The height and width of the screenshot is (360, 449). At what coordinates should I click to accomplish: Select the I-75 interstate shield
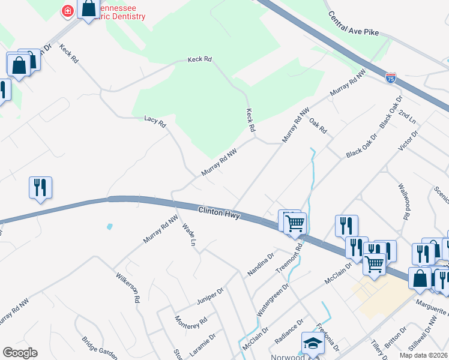pyautogui.click(x=391, y=77)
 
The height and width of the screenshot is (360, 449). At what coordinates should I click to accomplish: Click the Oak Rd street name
pyautogui.click(x=318, y=126)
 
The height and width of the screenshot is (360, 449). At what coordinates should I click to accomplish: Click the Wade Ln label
pyautogui.click(x=189, y=236)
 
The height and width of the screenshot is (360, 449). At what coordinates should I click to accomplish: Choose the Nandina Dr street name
pyautogui.click(x=262, y=263)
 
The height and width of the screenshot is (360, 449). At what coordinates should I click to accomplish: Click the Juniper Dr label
pyautogui.click(x=209, y=296)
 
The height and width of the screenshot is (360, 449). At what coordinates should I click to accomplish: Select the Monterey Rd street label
pyautogui.click(x=191, y=327)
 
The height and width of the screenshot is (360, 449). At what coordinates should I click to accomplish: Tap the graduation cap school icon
pyautogui.click(x=313, y=343)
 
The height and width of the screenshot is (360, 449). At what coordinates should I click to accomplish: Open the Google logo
pyautogui.click(x=20, y=353)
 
